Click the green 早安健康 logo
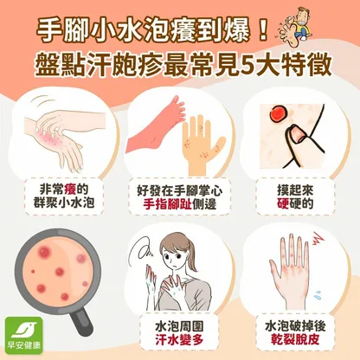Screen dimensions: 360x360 click(x=24, y=336)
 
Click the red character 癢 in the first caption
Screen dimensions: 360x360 click(x=71, y=190)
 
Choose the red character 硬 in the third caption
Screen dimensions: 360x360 click(x=283, y=203)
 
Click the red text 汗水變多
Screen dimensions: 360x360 click(x=179, y=339)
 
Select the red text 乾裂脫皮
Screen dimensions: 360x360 click(x=295, y=339)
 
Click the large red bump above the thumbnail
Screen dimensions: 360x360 click(x=277, y=113)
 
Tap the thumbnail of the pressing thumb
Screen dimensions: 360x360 click(x=297, y=134)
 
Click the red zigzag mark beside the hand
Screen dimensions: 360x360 click(x=317, y=239)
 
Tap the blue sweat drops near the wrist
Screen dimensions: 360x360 click(x=318, y=293)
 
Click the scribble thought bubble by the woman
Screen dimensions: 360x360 click(x=145, y=250)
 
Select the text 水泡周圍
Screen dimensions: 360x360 click(x=179, y=326)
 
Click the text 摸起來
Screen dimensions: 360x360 click(x=295, y=190)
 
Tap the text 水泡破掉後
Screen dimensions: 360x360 click(x=295, y=326)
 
